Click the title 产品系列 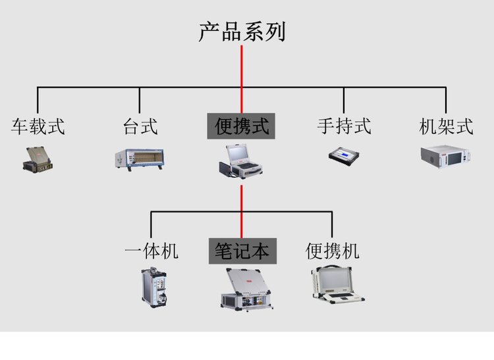click(x=242, y=32)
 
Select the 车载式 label click(x=38, y=126)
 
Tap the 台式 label click(x=140, y=126)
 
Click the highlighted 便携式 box click(x=242, y=126)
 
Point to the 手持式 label click(x=344, y=126)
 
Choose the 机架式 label click(x=446, y=126)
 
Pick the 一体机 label click(x=151, y=251)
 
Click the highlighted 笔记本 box click(x=242, y=251)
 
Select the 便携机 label click(x=333, y=251)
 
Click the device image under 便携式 click(x=241, y=161)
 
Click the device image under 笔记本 click(x=244, y=288)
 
